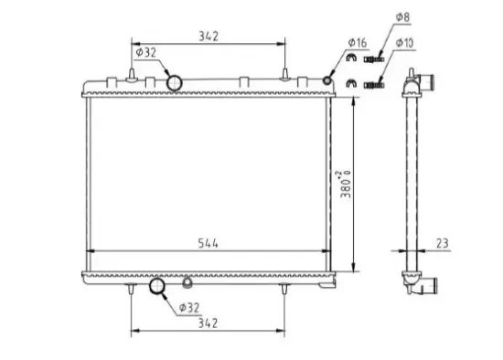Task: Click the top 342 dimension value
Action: pos(210,37)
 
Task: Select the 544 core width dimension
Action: pos(210,244)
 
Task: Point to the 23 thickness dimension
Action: pos(442,244)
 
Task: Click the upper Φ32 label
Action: pos(146,52)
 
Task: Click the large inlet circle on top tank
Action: pos(175,83)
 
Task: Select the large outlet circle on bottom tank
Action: pos(158,289)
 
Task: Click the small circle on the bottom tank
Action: pos(187,281)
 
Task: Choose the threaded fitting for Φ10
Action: pos(372,86)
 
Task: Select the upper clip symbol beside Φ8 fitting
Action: pos(349,61)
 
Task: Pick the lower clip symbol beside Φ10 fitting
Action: pos(349,86)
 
